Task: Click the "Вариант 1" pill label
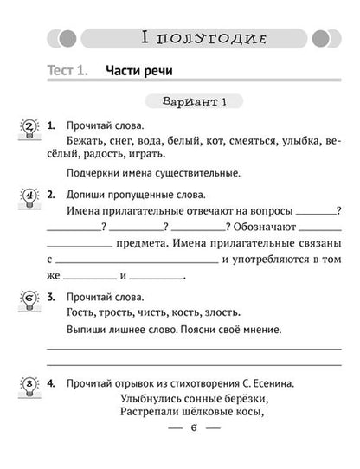click(x=193, y=102)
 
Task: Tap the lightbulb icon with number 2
click(x=29, y=130)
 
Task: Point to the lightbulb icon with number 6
click(x=29, y=299)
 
